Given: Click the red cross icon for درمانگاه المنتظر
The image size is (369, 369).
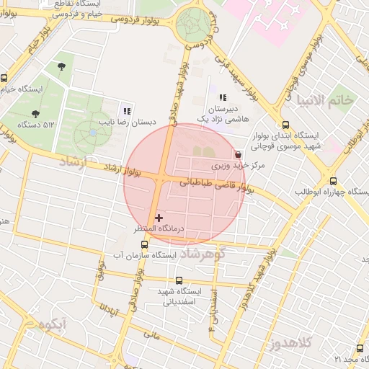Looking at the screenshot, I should tap(159, 217).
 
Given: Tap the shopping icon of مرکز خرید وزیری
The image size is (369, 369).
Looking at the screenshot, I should tap(239, 154).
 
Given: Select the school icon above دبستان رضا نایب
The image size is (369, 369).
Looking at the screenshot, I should tap(127, 111).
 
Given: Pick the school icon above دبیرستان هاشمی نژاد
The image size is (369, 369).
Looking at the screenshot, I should tap(223, 97).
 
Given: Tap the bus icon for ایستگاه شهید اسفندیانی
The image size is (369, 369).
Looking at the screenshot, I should tap(179, 281).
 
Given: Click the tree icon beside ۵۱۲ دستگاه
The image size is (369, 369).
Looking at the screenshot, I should tap(35, 113).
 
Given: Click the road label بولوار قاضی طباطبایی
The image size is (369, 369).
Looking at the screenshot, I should tap(216, 185).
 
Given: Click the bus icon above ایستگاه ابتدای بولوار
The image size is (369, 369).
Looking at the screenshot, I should tap(286, 125).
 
